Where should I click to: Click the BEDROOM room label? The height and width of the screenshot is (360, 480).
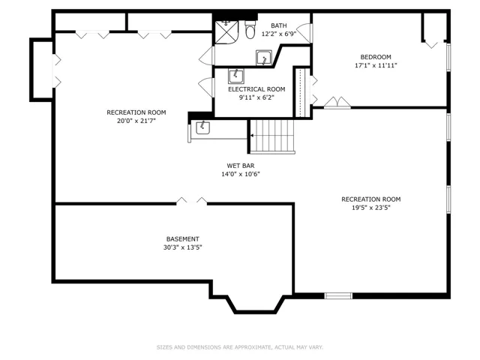[376, 57]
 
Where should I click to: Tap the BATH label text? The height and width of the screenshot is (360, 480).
[278, 25]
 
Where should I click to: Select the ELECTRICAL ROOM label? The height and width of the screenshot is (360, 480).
[256, 89]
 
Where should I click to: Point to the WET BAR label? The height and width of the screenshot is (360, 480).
[241, 166]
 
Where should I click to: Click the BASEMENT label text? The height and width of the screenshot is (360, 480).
[183, 239]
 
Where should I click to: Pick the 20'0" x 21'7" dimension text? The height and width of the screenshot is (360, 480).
[136, 121]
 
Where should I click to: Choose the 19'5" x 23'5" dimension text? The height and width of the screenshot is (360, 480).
[371, 208]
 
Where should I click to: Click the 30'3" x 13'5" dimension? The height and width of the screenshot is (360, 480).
[183, 247]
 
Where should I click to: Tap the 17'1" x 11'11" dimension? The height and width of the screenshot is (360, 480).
[376, 65]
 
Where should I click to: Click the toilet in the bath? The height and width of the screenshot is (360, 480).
[250, 30]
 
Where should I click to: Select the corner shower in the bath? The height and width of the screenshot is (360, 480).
[226, 32]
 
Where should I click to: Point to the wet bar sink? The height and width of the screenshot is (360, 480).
[202, 127]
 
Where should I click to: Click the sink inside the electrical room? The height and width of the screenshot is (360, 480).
[236, 76]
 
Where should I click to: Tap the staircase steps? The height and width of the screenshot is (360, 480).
[272, 136]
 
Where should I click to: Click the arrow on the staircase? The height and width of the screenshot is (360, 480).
[252, 136]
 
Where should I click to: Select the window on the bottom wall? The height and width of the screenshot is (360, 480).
[338, 296]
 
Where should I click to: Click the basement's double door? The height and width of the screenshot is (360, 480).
[192, 201]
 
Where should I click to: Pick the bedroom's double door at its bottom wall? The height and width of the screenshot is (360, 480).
[337, 103]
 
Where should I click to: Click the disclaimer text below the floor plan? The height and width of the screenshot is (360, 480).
[240, 347]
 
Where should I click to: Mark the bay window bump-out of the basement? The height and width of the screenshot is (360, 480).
[255, 312]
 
